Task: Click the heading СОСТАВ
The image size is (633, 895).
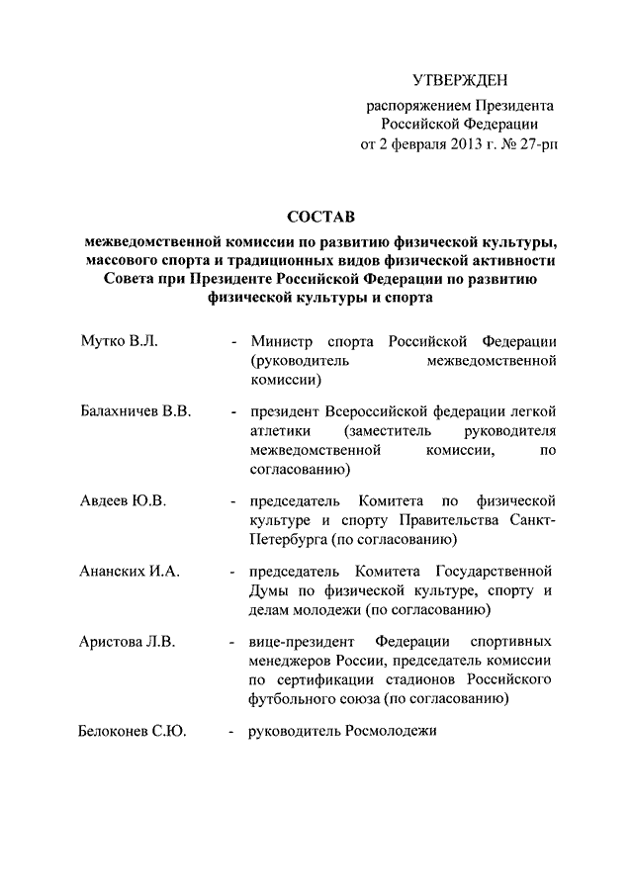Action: (x=320, y=215)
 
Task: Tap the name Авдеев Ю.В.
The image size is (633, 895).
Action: (x=123, y=500)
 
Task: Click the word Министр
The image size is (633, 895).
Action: (x=281, y=341)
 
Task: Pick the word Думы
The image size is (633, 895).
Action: (x=270, y=592)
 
